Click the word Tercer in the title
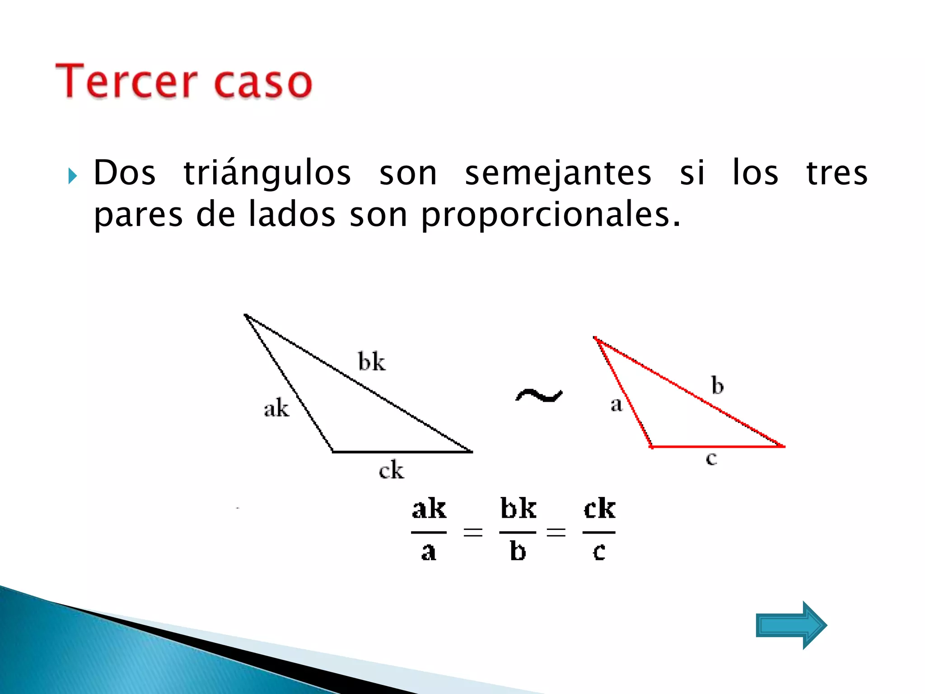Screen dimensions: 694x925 click(126, 81)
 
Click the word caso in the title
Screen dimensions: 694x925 click(263, 83)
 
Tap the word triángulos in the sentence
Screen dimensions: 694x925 click(267, 173)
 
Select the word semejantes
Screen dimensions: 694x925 click(558, 173)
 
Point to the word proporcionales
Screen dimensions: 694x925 click(550, 215)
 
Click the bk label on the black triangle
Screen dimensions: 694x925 click(372, 361)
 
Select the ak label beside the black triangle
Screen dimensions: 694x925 click(276, 408)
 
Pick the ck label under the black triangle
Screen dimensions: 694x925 click(391, 470)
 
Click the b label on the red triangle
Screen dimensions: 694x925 click(717, 385)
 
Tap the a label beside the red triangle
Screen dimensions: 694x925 click(616, 404)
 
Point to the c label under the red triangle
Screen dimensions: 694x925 click(711, 459)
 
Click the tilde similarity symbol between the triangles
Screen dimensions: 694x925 click(539, 396)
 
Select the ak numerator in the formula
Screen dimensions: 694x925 click(429, 509)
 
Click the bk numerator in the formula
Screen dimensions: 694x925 click(518, 509)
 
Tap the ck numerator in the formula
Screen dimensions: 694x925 click(599, 509)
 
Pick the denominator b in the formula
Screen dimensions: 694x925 click(518, 551)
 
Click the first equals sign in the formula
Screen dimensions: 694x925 click(473, 532)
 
